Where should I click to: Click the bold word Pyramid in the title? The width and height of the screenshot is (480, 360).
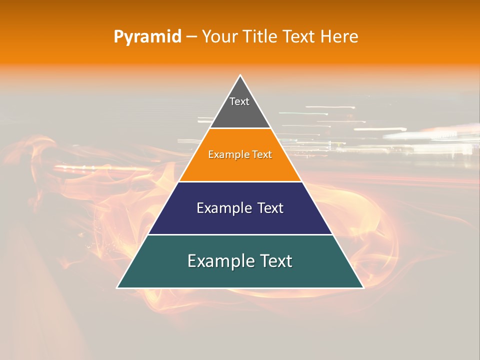[147, 37]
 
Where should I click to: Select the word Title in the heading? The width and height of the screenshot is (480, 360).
[263, 36]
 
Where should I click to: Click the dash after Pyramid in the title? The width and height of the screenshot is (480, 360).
[191, 37]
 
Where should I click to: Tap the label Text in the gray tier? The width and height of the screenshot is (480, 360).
[239, 101]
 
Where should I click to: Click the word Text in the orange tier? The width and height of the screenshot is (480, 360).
[262, 154]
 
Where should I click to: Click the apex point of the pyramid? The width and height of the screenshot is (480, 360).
[240, 75]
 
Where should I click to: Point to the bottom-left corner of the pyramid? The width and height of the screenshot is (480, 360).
[117, 287]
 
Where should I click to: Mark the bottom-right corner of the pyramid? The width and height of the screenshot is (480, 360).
[363, 287]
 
